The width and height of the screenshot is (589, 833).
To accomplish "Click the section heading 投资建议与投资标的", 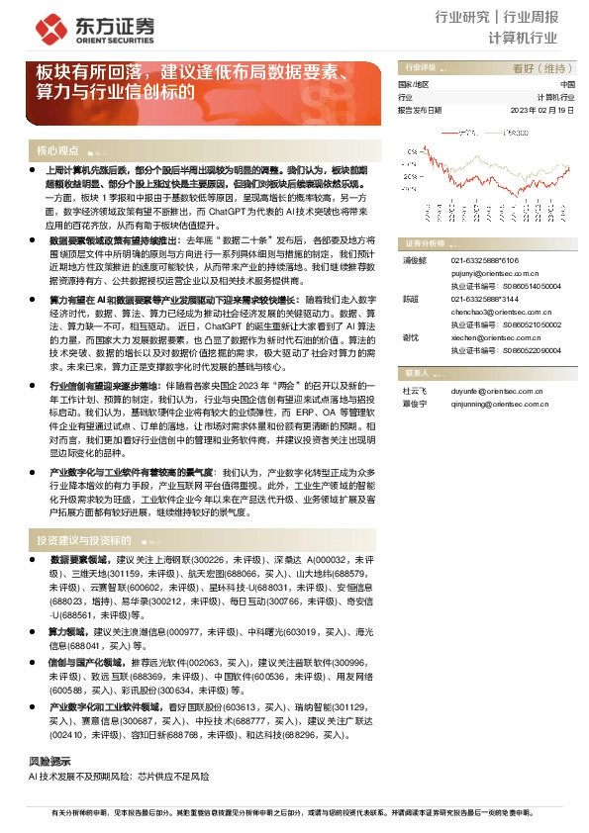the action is pos(83,541).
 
